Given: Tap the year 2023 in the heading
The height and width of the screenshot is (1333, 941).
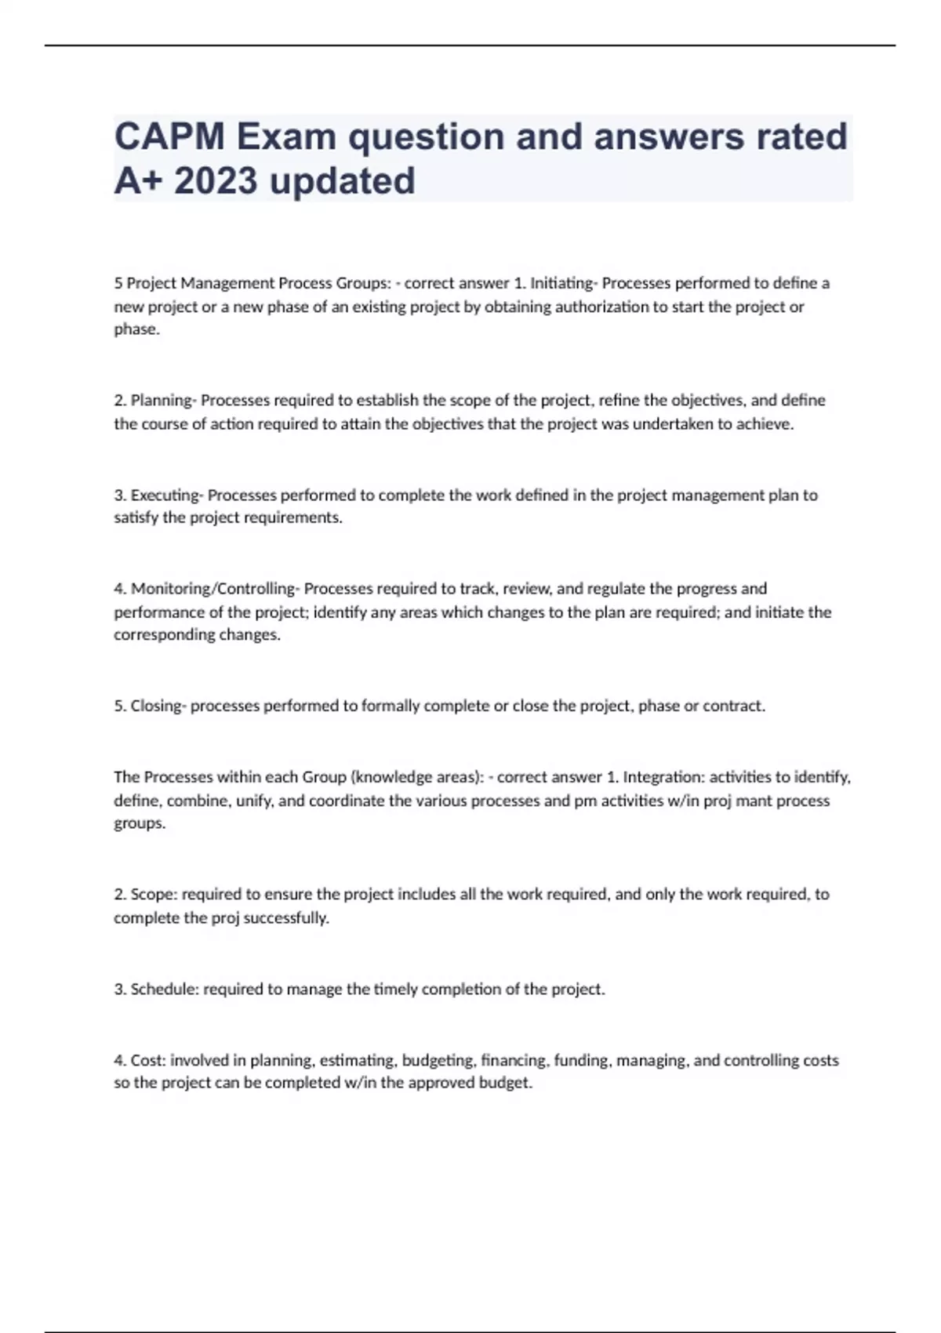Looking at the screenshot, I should pyautogui.click(x=216, y=181).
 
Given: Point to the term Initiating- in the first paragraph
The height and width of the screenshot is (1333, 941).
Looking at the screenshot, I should pyautogui.click(x=564, y=283).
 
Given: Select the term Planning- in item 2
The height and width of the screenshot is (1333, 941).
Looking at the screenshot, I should pyautogui.click(x=163, y=401).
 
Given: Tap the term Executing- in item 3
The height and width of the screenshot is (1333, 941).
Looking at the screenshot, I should pyautogui.click(x=166, y=495).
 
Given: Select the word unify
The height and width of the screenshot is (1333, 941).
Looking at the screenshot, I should pyautogui.click(x=253, y=801).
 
